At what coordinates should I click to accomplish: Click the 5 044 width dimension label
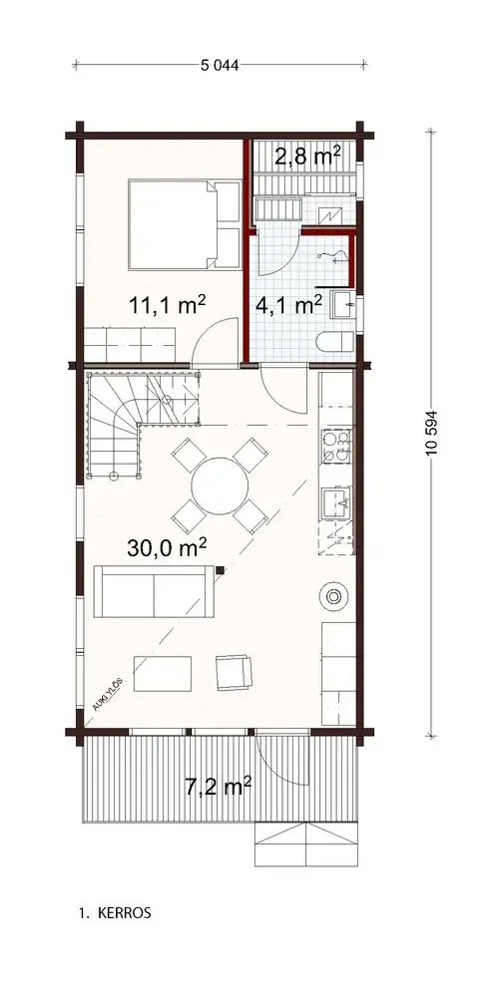tap(220, 67)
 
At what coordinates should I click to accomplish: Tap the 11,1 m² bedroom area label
tap(167, 305)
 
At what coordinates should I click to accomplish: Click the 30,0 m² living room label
tap(167, 546)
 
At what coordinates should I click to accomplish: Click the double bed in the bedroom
tap(185, 224)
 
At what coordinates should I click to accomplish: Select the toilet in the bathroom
tap(330, 342)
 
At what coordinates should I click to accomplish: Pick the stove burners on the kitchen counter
tap(335, 445)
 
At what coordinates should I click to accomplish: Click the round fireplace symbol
tap(332, 596)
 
